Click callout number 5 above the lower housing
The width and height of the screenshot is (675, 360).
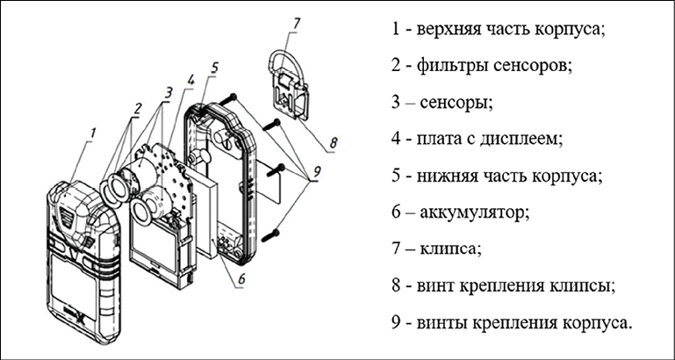[x=214, y=67]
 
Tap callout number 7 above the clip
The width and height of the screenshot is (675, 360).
[x=296, y=23]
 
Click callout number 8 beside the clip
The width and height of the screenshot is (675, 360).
[x=334, y=141]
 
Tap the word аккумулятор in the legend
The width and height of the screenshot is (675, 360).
[x=478, y=212]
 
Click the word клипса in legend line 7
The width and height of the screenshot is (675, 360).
[x=453, y=249]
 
